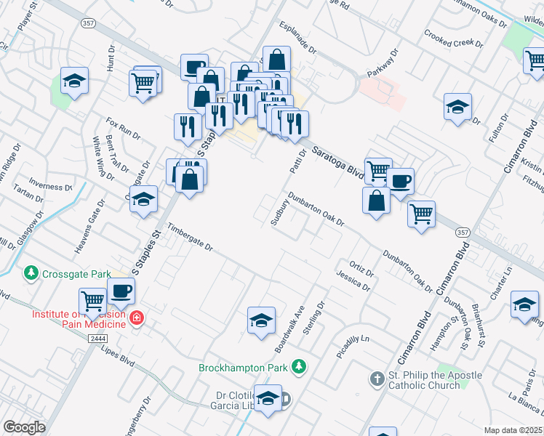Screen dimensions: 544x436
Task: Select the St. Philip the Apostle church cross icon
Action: point(377,379)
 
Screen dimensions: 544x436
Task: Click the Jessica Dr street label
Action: point(353,281)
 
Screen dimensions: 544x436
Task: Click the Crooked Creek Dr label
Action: point(453,38)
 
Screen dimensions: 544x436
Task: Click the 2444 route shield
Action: point(98,339)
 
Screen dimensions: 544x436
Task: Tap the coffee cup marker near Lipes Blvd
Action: point(121,291)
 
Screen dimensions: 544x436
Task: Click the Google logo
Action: point(24,427)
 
